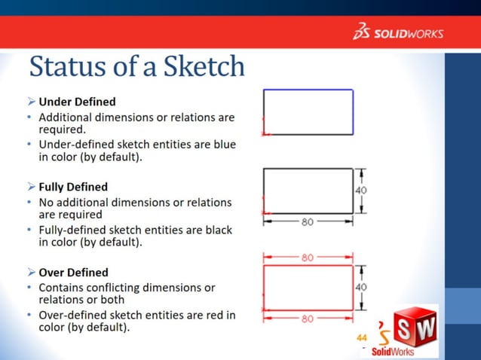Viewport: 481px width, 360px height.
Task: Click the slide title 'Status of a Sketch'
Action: (x=136, y=67)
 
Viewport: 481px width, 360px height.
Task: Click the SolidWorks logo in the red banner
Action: (x=398, y=34)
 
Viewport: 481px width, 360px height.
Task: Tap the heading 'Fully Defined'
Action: (x=73, y=187)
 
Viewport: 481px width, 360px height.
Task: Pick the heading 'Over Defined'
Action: (x=73, y=273)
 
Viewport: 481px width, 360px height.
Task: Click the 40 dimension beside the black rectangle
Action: (x=361, y=191)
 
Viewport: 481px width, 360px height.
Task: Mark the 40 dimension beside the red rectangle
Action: (x=361, y=287)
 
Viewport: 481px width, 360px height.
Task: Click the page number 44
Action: (x=361, y=338)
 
